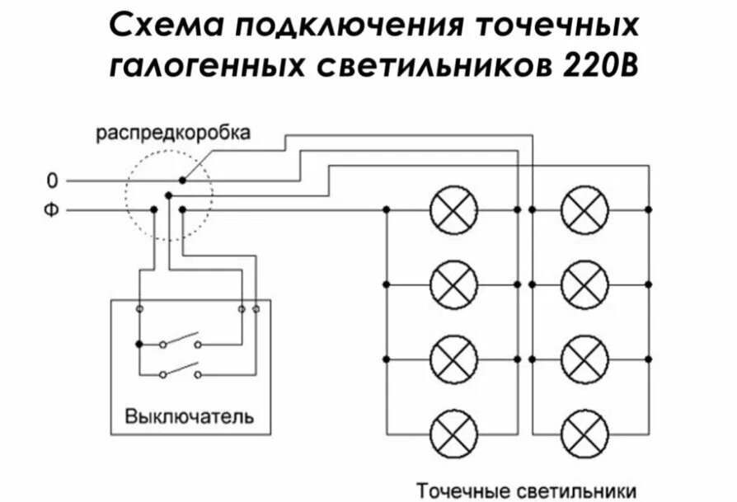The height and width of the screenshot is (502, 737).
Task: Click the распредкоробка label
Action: [171, 133]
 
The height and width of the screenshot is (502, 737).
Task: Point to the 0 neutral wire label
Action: [53, 180]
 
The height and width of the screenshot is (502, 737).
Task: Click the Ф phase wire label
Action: [52, 210]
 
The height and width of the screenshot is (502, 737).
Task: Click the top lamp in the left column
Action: [453, 210]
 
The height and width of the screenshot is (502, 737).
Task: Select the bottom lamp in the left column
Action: [453, 433]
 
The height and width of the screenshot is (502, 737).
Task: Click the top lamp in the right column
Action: [584, 210]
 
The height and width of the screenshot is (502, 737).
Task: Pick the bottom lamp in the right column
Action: [584, 433]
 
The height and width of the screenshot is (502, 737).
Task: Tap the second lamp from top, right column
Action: [584, 284]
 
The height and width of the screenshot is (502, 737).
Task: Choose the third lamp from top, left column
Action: [453, 359]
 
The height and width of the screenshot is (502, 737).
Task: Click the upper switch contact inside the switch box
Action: [181, 340]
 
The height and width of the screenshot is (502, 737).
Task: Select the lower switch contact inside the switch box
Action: [181, 370]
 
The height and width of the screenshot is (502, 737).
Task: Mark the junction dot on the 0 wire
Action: [182, 180]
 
